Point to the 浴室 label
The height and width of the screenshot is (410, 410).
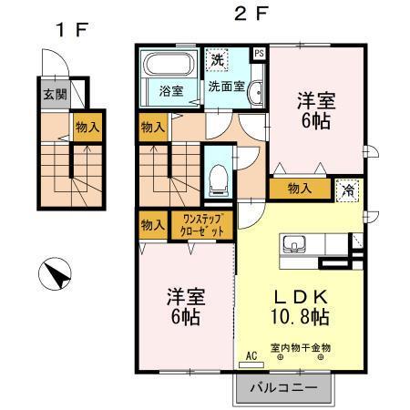tap(170, 90)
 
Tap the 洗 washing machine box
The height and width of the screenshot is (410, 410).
tap(217, 59)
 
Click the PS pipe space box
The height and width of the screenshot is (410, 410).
tap(259, 54)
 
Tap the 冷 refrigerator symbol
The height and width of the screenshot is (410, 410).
tap(349, 190)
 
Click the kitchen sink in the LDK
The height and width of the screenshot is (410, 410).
tap(295, 245)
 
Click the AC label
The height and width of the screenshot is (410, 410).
tap(251, 357)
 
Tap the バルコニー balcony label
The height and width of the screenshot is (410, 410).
tap(284, 387)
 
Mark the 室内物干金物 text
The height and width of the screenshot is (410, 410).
tap(300, 346)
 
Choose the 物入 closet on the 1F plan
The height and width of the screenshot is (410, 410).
tap(86, 128)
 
